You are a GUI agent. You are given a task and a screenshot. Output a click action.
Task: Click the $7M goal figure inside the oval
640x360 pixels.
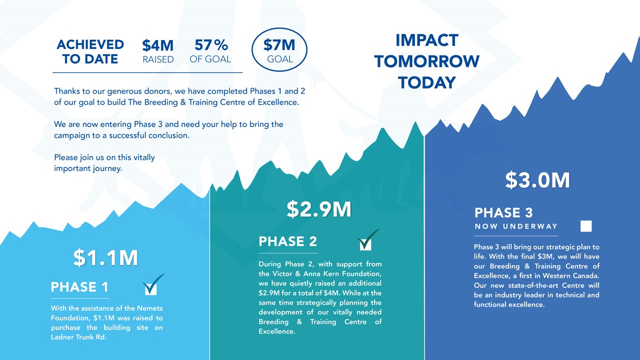[x=279, y=45]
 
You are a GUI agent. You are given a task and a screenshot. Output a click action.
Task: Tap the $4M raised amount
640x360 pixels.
[x=157, y=45]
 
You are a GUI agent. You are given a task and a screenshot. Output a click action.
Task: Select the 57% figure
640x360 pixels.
[x=211, y=45]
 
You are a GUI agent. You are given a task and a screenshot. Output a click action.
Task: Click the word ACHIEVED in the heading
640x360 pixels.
[x=90, y=44]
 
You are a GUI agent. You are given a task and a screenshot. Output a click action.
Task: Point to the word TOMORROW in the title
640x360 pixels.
[x=427, y=61]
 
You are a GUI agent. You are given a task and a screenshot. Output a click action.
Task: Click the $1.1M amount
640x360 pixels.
[x=105, y=257]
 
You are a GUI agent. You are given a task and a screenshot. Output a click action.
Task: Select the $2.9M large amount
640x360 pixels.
[x=319, y=209]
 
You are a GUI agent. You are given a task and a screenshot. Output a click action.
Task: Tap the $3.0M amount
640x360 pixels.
[x=537, y=180]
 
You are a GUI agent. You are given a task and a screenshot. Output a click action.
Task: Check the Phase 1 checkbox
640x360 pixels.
[x=151, y=288]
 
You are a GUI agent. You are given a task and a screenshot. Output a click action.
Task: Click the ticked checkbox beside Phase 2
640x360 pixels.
[x=365, y=244]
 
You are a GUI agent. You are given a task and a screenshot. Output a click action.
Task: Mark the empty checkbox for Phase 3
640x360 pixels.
[x=586, y=226]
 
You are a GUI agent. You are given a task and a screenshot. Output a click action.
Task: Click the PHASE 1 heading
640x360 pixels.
[x=79, y=287]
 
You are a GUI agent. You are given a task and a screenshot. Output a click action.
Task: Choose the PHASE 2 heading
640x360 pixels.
[x=287, y=241]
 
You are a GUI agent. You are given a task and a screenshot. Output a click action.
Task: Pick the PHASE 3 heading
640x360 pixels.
[x=503, y=212]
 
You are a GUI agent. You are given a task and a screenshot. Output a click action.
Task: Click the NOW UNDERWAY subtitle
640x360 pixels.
[x=516, y=226]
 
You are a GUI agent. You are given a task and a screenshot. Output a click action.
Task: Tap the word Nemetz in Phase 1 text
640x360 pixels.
[x=150, y=308]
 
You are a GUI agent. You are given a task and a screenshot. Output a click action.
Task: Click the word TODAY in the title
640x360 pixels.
[x=427, y=82]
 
